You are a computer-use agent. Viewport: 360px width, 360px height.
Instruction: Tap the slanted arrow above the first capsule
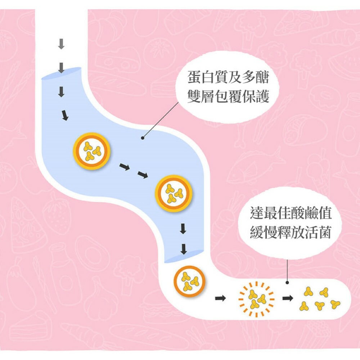coord(64,115)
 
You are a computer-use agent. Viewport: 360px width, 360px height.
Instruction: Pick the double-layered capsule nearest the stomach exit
coord(174,193)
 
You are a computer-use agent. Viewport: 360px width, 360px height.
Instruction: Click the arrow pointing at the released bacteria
coord(287,298)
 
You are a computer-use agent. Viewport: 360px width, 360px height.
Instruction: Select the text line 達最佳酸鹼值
coord(291,215)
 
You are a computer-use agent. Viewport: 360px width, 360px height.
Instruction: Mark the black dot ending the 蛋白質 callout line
coord(143,138)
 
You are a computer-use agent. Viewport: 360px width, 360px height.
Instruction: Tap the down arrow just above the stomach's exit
coord(184,248)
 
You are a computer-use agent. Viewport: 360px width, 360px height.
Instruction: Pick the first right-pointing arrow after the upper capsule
coord(125,167)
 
